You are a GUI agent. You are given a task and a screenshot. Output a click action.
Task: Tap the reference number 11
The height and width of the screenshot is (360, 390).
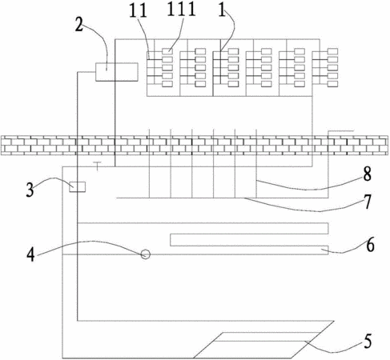tap(138, 11)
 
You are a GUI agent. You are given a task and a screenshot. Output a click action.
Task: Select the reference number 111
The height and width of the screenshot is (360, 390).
tap(182, 10)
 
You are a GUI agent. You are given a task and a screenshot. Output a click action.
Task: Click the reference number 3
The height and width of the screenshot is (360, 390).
tap(30, 190)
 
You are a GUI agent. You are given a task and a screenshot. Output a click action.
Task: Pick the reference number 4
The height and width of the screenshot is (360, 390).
tap(30, 254)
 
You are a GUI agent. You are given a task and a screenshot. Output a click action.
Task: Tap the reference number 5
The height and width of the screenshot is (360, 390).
tap(368, 342)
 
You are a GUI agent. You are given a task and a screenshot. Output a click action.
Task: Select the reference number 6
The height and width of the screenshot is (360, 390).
tap(370, 246)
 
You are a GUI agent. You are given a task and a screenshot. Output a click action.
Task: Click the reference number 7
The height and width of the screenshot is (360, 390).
tap(368, 202)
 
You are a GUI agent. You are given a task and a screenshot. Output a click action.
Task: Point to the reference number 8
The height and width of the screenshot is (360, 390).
tap(368, 174)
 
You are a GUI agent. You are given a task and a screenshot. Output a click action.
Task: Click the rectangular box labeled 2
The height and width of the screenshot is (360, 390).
tap(117, 72)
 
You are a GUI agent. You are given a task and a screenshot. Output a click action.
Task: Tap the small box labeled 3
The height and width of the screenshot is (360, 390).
tap(78, 186)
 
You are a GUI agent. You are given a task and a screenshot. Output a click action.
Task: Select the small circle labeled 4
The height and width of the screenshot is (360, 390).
tap(146, 254)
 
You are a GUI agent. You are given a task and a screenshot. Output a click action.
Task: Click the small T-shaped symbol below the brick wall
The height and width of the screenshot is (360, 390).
tap(98, 166)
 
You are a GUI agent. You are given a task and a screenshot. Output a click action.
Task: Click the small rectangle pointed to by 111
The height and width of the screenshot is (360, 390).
tap(167, 51)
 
